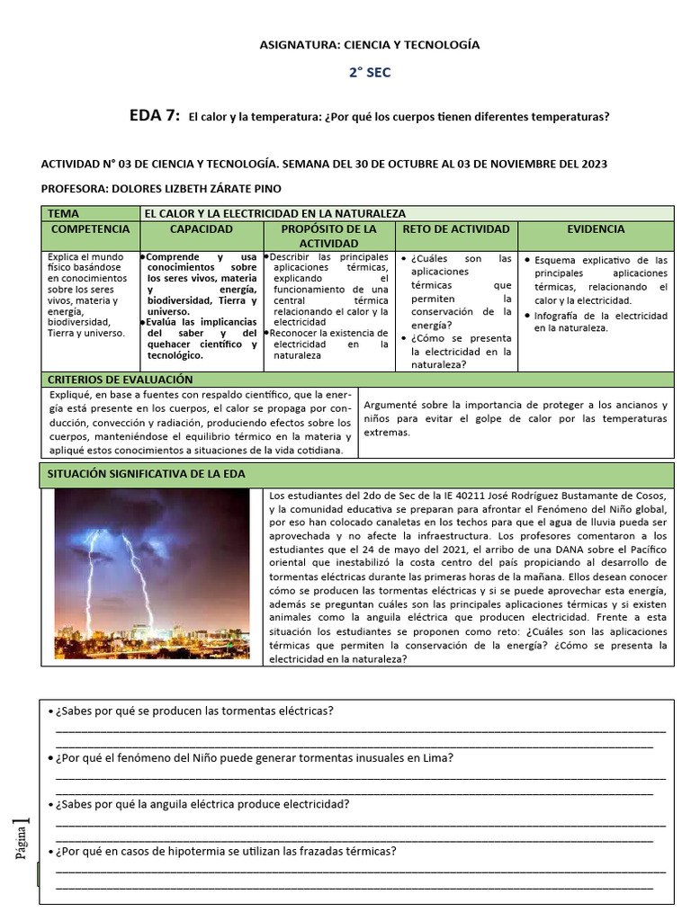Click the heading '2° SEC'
point(370,73)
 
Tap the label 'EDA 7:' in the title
point(155,116)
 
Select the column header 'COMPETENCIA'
point(90,229)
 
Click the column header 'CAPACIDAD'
point(202,229)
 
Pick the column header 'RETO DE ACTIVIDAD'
point(456,229)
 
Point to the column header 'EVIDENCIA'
point(596,229)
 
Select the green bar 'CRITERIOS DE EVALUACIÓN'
point(108,380)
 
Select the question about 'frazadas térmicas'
point(225,851)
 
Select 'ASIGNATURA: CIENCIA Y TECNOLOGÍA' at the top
point(370,44)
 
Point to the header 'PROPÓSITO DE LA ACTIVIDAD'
point(328,236)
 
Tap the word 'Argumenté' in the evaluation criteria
point(391,405)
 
